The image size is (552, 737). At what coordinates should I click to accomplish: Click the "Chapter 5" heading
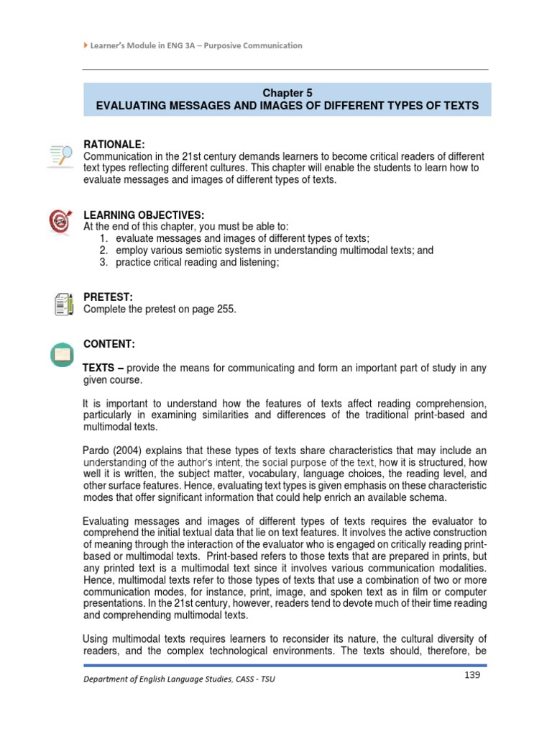[286, 93]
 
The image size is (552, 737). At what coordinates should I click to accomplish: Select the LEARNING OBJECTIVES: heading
[144, 216]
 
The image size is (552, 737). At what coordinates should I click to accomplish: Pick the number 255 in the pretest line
[224, 309]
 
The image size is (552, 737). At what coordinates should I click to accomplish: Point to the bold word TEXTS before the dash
[99, 368]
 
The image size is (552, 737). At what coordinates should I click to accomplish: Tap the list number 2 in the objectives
[103, 250]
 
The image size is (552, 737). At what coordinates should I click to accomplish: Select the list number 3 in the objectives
[103, 263]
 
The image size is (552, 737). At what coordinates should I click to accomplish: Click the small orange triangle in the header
[86, 45]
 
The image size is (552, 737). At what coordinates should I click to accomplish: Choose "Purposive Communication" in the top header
[256, 45]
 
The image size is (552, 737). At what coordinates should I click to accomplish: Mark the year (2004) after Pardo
[132, 451]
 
